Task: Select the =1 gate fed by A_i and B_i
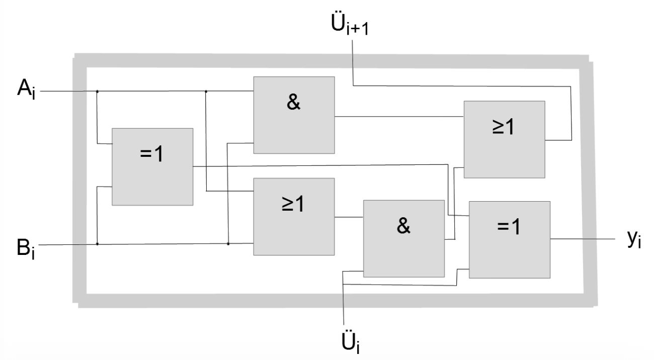tap(152, 166)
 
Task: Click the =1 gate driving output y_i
tap(509, 239)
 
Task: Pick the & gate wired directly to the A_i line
tap(294, 115)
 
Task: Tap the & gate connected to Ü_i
tap(404, 238)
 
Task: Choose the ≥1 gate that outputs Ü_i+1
tap(504, 139)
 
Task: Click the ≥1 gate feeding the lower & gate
tap(294, 217)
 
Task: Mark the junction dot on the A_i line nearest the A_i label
tap(97, 92)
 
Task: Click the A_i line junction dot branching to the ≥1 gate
tap(206, 92)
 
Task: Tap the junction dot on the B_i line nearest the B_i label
tap(97, 244)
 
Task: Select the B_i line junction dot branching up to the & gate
tap(228, 244)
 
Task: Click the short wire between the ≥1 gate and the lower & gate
tap(349, 217)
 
